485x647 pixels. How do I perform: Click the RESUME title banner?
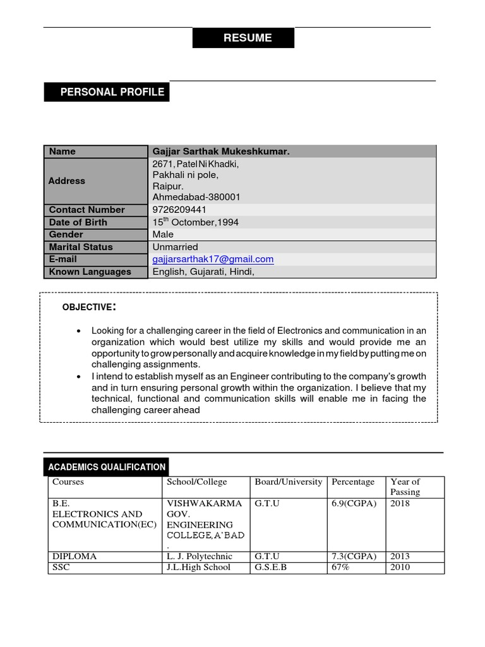coord(243,38)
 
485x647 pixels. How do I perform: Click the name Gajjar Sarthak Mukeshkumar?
coord(221,152)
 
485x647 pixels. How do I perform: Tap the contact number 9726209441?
coord(179,210)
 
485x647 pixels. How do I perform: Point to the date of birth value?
coord(195,222)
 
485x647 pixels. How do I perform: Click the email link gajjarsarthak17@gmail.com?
coord(213,259)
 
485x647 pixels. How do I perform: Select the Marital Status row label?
coord(81,247)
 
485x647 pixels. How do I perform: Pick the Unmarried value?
coord(175,247)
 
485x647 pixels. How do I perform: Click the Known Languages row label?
coord(90,272)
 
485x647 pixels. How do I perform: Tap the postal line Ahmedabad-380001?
coord(196,197)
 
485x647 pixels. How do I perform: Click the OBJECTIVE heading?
coord(88,307)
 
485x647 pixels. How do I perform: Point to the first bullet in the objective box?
coord(78,331)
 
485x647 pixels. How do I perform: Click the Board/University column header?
coord(289,482)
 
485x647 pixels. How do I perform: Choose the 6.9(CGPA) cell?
coord(354,504)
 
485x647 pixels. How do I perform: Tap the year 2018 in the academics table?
coord(400,504)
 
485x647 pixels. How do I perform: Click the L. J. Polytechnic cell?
coord(199,557)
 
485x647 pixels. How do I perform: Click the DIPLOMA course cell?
coord(75,557)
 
